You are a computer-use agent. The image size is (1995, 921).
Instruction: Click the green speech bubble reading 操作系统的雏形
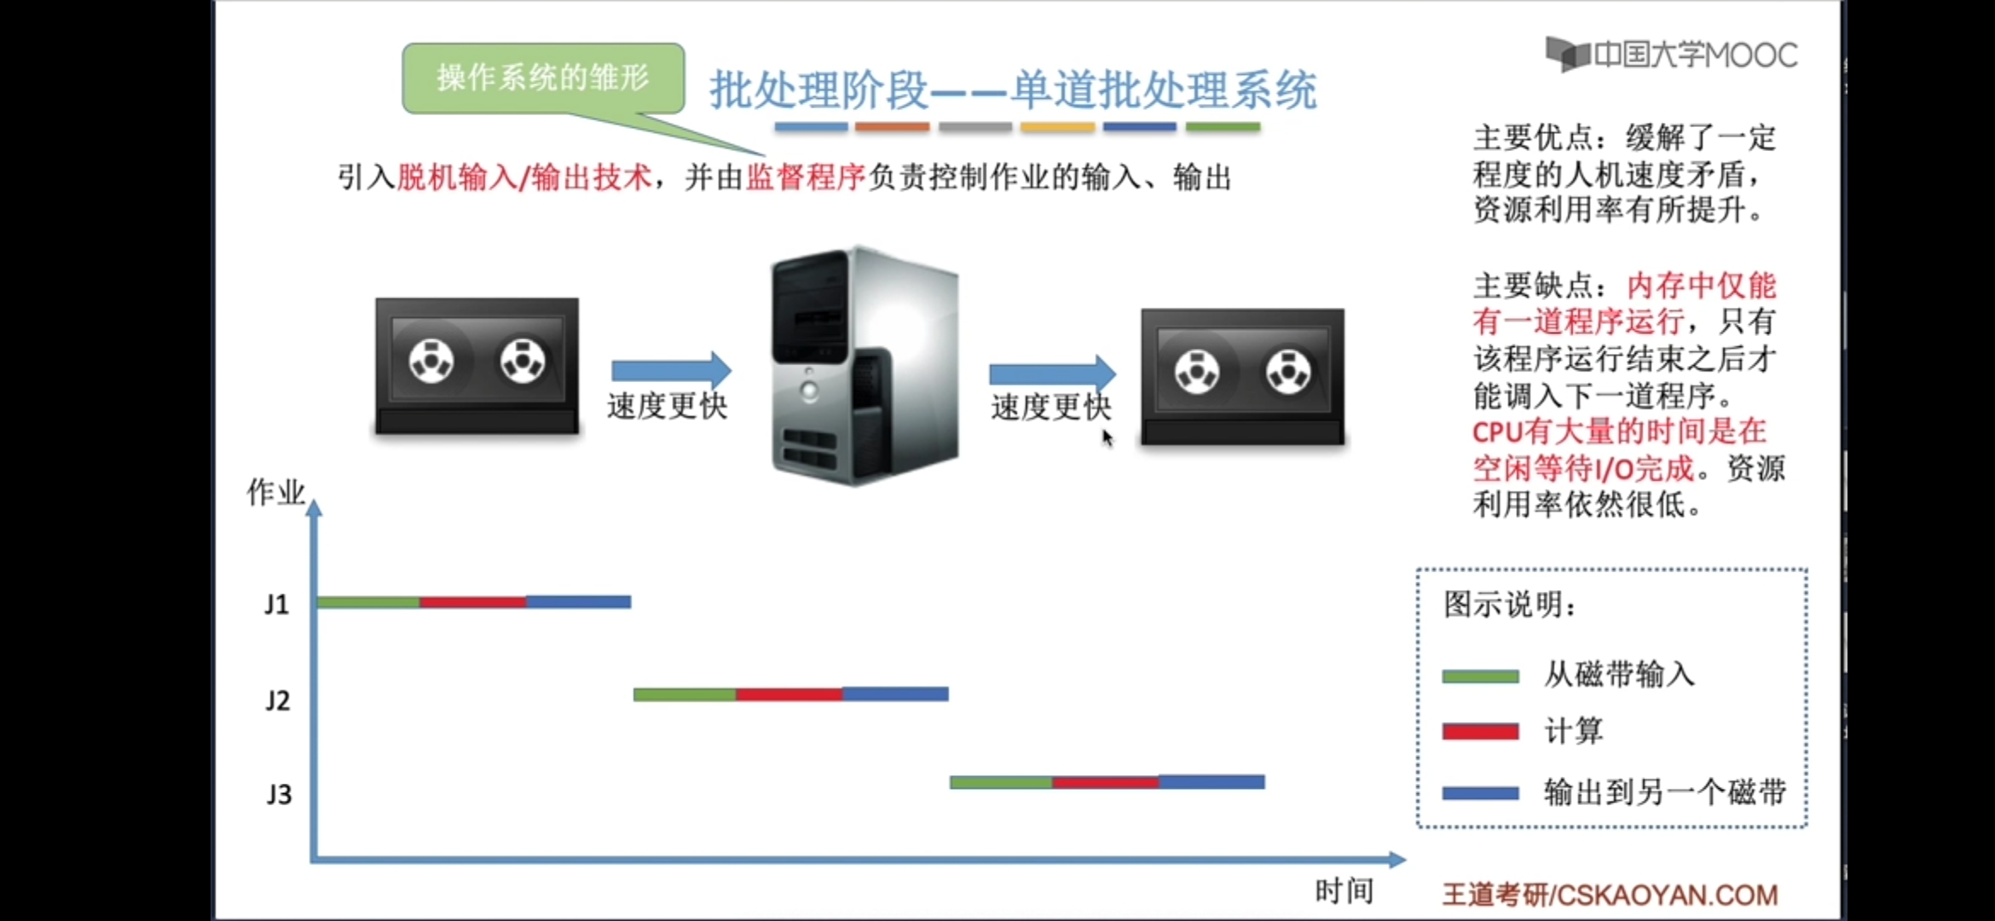coord(543,78)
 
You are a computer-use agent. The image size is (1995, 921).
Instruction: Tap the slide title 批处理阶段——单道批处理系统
coord(1013,90)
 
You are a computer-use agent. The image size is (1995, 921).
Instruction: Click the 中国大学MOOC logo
coord(1671,55)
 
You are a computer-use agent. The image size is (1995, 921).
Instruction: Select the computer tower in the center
coord(864,367)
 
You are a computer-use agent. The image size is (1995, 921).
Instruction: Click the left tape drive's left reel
coord(431,361)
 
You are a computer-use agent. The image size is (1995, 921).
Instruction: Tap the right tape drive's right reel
coord(1288,372)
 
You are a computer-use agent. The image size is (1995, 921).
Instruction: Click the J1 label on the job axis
coord(276,605)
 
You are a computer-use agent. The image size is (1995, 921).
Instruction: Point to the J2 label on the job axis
coord(277,701)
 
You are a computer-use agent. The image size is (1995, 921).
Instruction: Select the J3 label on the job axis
coord(279,795)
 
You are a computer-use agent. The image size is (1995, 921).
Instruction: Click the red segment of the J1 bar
coord(472,602)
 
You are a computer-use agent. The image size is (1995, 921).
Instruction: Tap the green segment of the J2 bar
coord(685,695)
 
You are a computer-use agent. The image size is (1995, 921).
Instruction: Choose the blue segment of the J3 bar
coord(1211,782)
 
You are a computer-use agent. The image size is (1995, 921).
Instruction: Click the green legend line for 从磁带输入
coord(1480,676)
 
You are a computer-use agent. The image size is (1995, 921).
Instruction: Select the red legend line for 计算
coord(1480,732)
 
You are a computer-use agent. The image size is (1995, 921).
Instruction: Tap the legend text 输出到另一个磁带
coord(1664,792)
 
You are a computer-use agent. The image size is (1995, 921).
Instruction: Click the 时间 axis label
coord(1344,891)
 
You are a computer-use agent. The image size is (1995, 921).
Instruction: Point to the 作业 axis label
coord(275,492)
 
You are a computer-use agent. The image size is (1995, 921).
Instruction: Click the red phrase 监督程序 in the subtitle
coord(806,177)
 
